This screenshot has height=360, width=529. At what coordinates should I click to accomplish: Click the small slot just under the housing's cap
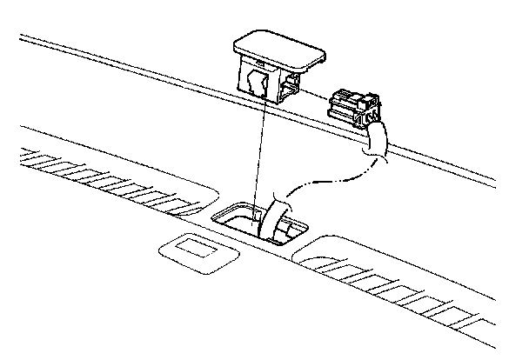coord(259,66)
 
